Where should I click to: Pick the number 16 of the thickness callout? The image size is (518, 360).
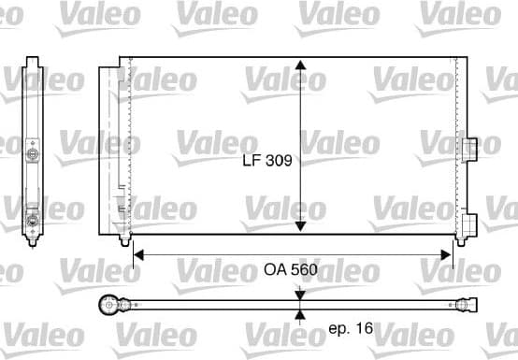point(366,329)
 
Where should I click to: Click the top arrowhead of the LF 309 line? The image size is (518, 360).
point(299,66)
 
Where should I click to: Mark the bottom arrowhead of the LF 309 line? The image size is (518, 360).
point(299,226)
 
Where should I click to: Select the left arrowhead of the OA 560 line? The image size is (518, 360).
point(139,252)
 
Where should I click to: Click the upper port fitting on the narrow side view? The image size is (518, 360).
point(33,152)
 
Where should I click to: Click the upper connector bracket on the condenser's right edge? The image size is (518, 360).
point(467,147)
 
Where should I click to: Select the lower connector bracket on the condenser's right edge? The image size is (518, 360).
point(468,223)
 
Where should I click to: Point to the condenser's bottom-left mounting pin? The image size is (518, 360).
point(123,241)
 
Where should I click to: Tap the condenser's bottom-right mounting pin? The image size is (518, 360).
point(458,240)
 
